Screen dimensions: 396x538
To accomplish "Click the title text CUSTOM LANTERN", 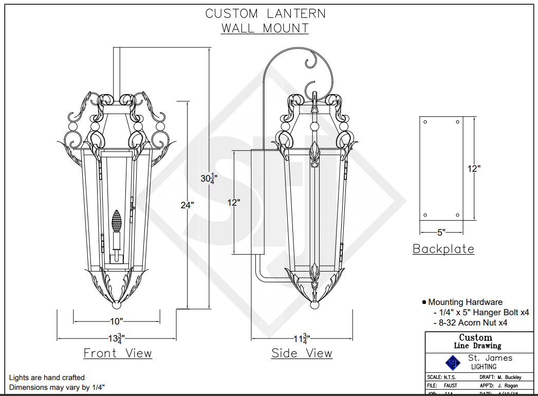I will click(x=265, y=13).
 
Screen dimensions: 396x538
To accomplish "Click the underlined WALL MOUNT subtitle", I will click(x=265, y=28).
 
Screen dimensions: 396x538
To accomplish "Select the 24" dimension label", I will click(x=187, y=205).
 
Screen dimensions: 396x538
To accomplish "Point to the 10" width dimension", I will click(x=117, y=321).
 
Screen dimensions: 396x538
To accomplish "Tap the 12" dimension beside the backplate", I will click(x=474, y=168).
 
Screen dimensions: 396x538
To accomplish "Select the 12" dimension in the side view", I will click(x=234, y=202).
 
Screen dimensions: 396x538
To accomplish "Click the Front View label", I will click(x=118, y=353).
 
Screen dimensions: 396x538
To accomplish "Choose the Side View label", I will click(x=302, y=353).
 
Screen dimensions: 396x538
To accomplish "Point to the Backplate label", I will click(x=443, y=249).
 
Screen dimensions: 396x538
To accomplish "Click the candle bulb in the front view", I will click(x=118, y=221).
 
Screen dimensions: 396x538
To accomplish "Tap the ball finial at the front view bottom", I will click(x=117, y=305).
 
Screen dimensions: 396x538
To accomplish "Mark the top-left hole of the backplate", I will click(x=425, y=122).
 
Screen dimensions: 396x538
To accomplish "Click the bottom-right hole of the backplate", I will click(x=457, y=215).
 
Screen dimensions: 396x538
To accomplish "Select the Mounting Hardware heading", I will click(x=465, y=302).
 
